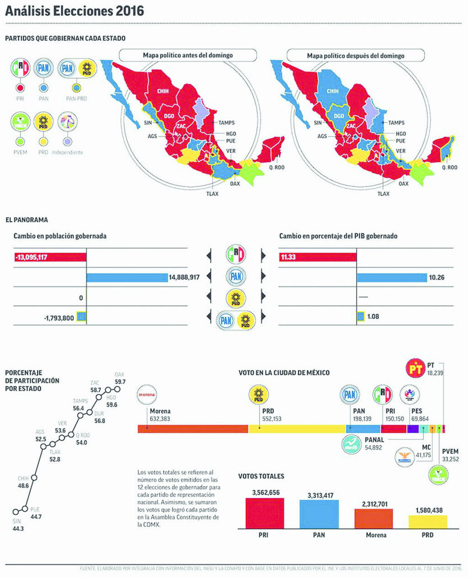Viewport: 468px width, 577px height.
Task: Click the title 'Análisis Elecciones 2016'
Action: click(x=74, y=11)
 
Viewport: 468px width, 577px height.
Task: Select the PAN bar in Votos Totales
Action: click(x=319, y=514)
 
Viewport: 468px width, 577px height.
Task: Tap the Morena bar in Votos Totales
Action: click(x=373, y=519)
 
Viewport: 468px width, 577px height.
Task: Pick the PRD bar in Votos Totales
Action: click(x=428, y=522)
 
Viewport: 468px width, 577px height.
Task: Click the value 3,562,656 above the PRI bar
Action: click(x=266, y=492)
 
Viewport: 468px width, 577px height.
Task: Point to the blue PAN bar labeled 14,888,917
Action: click(x=127, y=277)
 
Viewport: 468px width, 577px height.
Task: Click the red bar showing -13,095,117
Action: click(x=50, y=257)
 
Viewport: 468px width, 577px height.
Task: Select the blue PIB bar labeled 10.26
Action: click(x=392, y=277)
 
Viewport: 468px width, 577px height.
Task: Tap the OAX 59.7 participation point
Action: click(x=117, y=389)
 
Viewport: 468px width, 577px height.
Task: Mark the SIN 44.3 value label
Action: click(x=18, y=529)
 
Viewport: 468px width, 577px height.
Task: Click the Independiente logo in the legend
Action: click(x=68, y=122)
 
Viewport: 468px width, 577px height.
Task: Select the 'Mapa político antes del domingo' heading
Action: click(x=188, y=55)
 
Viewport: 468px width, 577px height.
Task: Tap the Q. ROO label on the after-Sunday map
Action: click(x=449, y=168)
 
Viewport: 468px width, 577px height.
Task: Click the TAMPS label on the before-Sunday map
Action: click(x=226, y=122)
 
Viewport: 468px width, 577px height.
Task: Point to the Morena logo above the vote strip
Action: click(x=147, y=394)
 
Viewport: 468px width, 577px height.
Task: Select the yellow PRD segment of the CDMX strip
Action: click(x=297, y=429)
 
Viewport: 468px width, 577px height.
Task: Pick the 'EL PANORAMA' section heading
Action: click(x=27, y=220)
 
